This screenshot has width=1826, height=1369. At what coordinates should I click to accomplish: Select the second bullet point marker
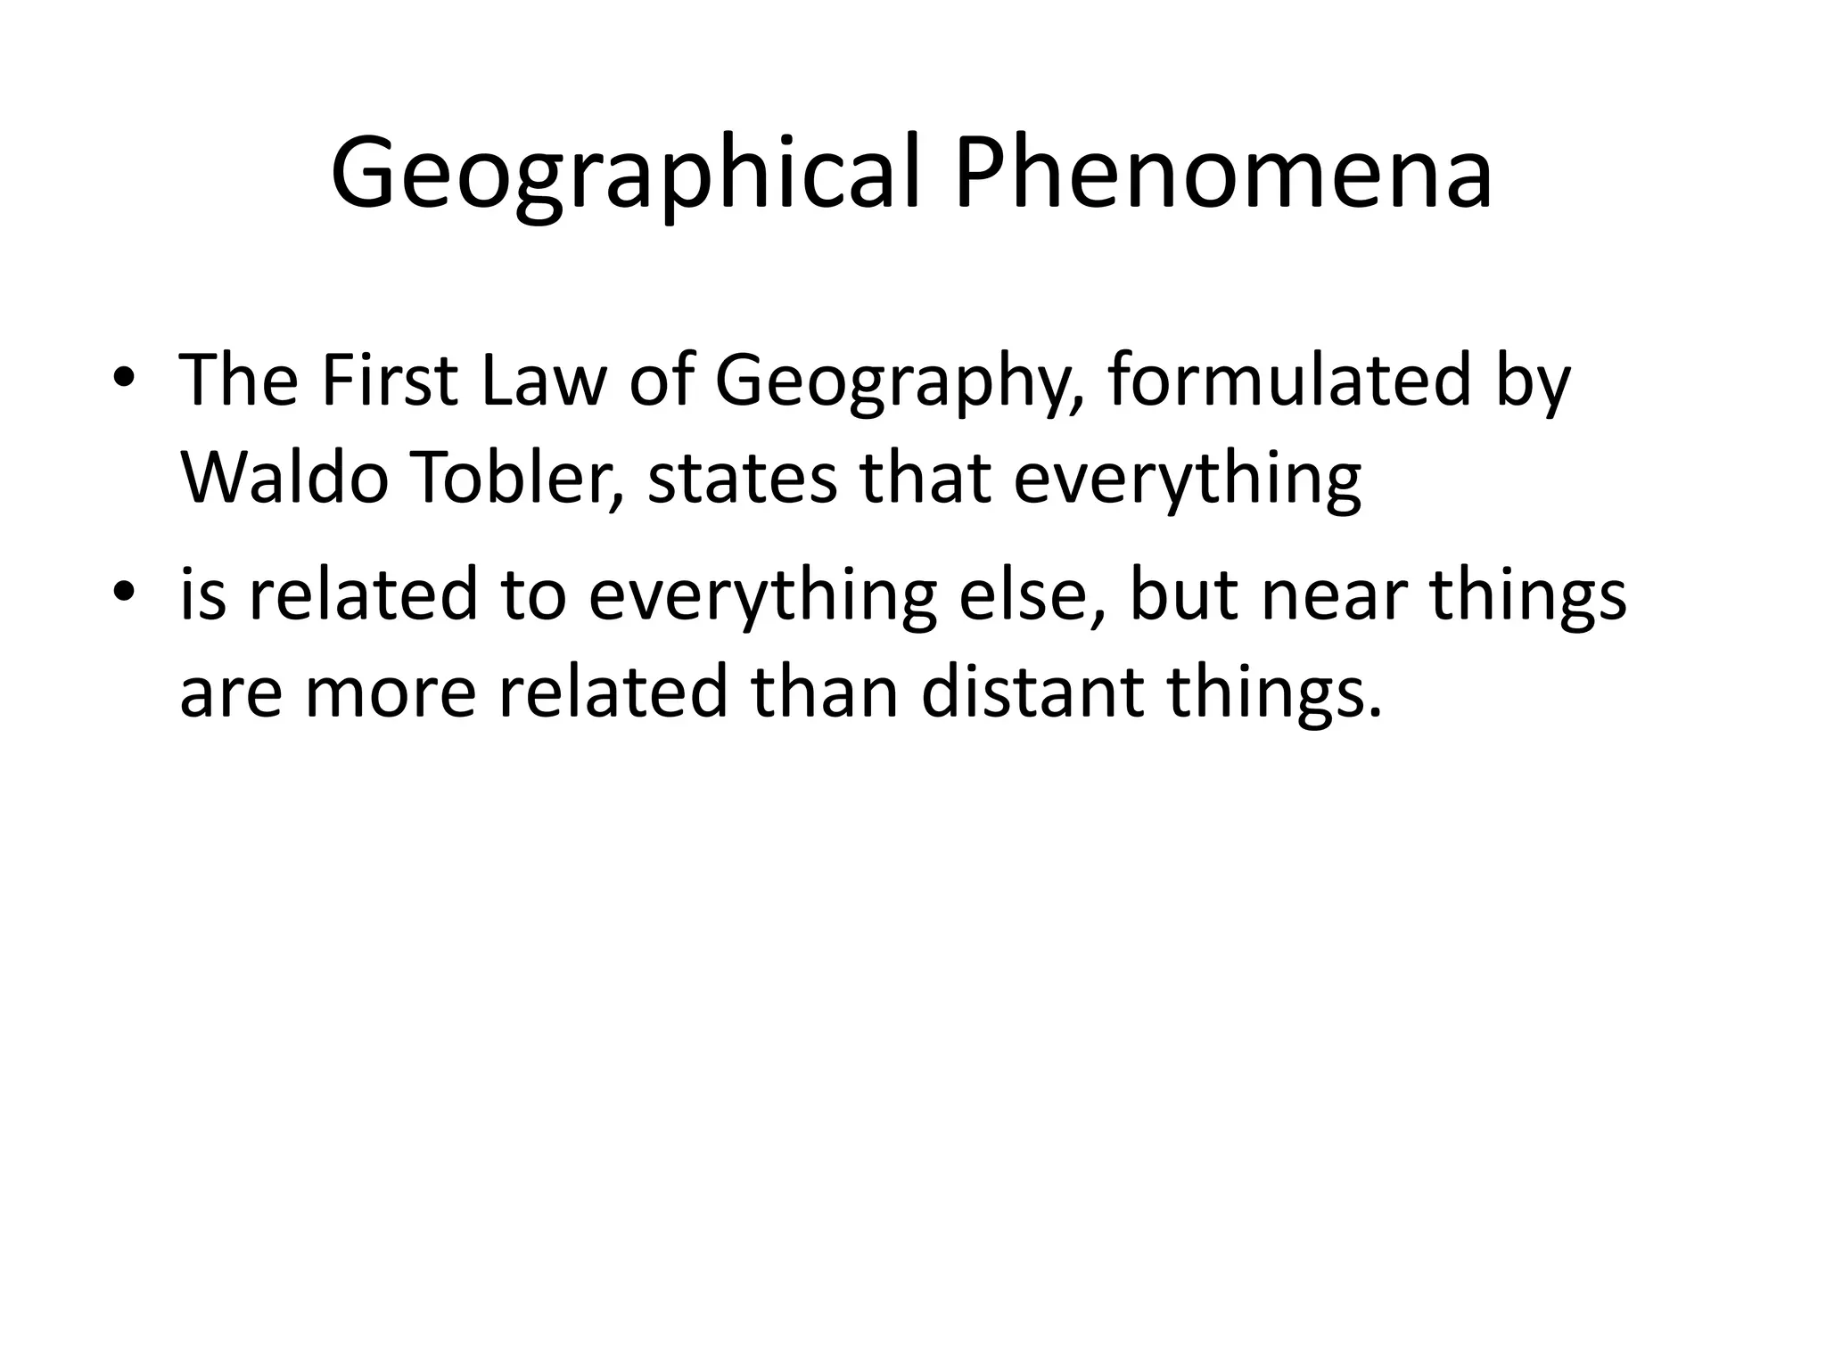click(x=124, y=592)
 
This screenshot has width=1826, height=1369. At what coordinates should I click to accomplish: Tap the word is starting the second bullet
click(x=202, y=594)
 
